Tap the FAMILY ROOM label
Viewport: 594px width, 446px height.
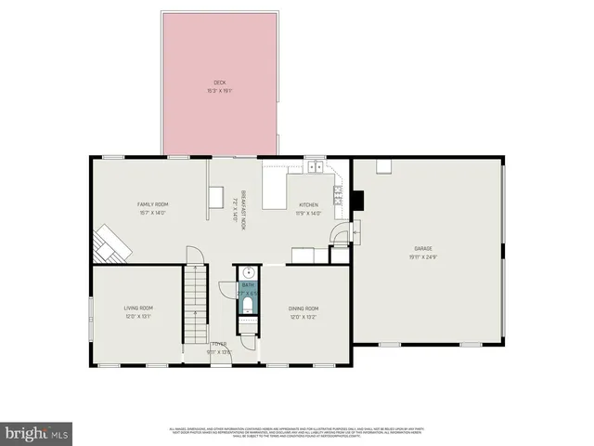pyautogui.click(x=153, y=204)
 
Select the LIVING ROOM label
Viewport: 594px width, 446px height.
pyautogui.click(x=138, y=308)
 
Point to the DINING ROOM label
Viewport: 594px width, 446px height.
pyautogui.click(x=303, y=308)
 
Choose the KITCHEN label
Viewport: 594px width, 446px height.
pyautogui.click(x=308, y=204)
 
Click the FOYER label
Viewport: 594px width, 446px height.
pyautogui.click(x=218, y=344)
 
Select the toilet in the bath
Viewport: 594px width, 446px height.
pyautogui.click(x=246, y=324)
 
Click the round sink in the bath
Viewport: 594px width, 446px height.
pyautogui.click(x=247, y=273)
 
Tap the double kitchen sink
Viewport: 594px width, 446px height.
pyautogui.click(x=316, y=168)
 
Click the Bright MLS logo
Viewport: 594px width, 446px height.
pyautogui.click(x=37, y=433)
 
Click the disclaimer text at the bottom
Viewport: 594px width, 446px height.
pyautogui.click(x=297, y=432)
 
